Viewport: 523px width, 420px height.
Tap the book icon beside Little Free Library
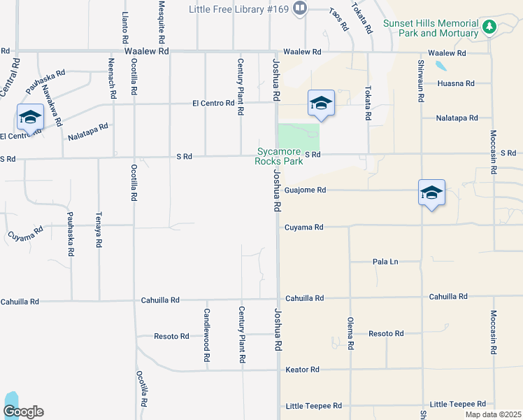point(300,8)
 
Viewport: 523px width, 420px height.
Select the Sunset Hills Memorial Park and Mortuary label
point(431,28)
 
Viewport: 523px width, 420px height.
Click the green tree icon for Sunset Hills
point(490,27)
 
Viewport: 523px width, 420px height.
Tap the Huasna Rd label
point(455,83)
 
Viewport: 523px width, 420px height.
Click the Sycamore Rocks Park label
point(278,156)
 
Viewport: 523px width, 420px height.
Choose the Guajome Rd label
point(306,190)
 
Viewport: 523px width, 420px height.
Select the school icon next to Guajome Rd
point(431,192)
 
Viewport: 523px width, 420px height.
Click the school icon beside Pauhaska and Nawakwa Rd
point(30,117)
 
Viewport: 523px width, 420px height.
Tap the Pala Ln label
point(385,262)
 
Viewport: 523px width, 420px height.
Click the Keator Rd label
point(302,369)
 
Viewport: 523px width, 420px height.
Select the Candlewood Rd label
point(207,335)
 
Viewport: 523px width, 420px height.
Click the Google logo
point(23,412)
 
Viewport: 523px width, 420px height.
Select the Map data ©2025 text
point(493,414)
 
